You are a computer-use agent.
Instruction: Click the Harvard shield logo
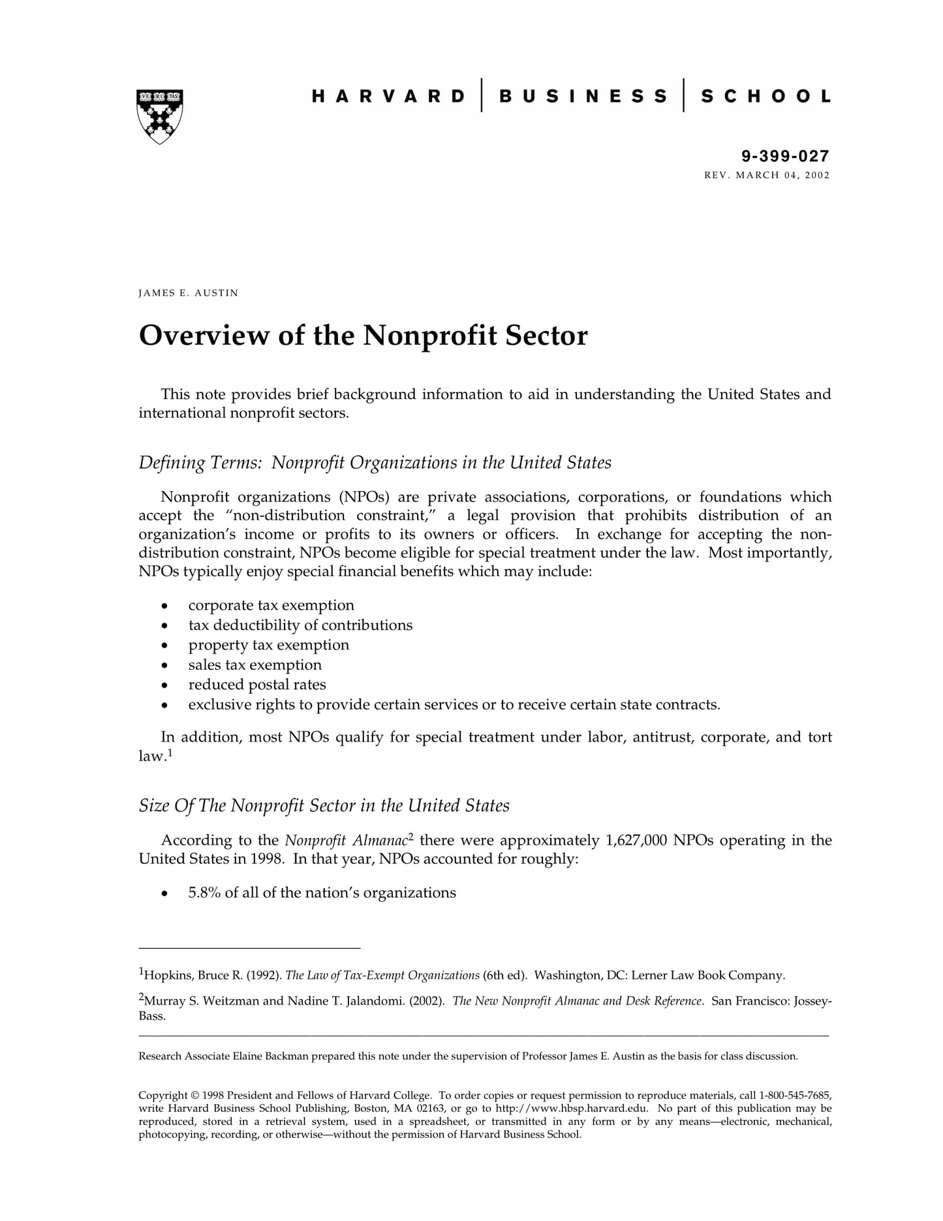(x=160, y=116)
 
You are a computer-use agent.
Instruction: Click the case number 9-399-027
(x=785, y=156)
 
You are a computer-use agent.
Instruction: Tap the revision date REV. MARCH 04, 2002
(x=767, y=175)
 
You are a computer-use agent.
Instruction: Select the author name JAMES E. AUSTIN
(x=188, y=293)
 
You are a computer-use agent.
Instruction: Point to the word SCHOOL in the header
(x=766, y=97)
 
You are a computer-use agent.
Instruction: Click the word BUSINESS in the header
(x=583, y=97)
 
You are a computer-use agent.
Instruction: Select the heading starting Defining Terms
(x=375, y=463)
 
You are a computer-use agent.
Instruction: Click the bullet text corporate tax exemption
(x=271, y=605)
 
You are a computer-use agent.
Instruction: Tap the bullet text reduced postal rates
(x=257, y=685)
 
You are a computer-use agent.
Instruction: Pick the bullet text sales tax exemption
(x=255, y=665)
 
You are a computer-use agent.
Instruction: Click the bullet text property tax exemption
(x=268, y=645)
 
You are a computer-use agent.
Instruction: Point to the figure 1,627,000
(x=636, y=840)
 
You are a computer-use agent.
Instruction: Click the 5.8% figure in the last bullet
(x=204, y=893)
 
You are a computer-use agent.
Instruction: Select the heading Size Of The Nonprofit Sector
(x=324, y=806)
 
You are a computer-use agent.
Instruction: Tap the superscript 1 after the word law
(x=170, y=752)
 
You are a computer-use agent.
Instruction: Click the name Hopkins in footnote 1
(x=168, y=975)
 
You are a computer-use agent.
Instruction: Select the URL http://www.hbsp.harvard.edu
(x=572, y=1108)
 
